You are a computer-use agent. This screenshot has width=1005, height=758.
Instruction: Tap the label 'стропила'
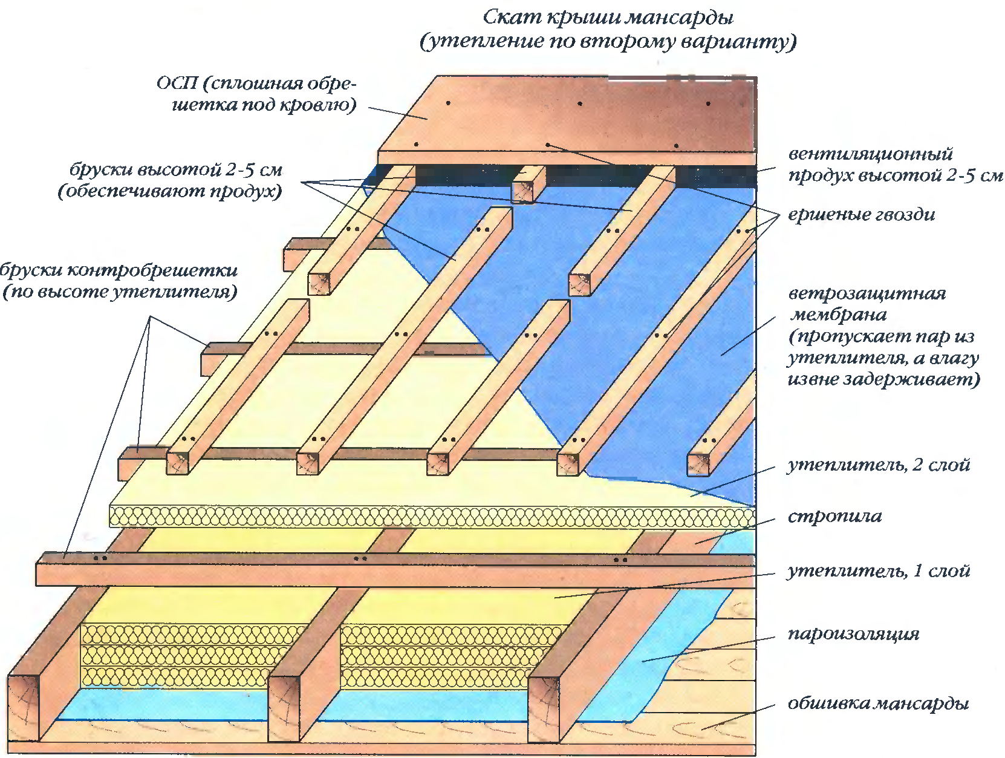click(834, 517)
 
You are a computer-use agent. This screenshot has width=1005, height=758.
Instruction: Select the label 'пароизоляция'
click(853, 634)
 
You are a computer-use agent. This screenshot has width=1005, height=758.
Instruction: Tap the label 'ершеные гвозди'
click(861, 215)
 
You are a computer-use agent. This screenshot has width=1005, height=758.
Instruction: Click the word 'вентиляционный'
click(870, 154)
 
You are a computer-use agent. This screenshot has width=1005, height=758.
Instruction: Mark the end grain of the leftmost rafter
click(23, 708)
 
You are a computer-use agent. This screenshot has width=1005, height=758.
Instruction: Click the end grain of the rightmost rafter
click(543, 710)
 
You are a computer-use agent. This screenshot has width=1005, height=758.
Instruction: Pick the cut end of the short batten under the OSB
click(523, 191)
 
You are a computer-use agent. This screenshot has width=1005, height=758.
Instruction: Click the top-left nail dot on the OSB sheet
click(448, 103)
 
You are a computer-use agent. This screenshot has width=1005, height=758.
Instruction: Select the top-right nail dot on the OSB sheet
click(708, 103)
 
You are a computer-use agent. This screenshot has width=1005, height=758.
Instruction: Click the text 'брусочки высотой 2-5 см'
click(176, 170)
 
